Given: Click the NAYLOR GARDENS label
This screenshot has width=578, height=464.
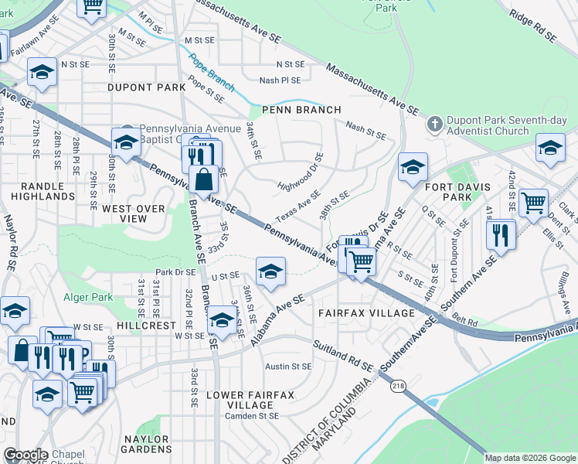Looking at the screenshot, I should (x=147, y=443).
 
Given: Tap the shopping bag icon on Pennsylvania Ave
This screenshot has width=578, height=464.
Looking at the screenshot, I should (x=202, y=179).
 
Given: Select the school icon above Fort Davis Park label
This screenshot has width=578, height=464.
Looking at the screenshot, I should (x=413, y=167).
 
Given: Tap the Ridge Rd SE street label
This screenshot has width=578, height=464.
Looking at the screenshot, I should (x=533, y=26).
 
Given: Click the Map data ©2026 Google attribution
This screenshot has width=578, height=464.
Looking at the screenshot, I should (x=530, y=458).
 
